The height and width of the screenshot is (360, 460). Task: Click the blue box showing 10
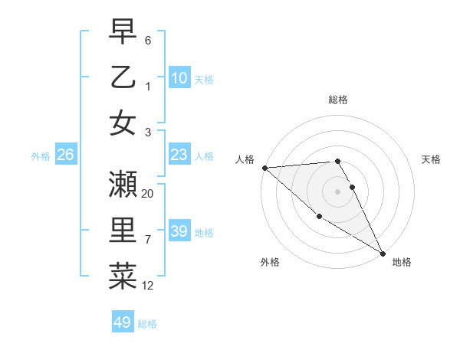click(179, 77)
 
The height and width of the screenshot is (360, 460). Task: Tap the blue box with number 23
click(179, 155)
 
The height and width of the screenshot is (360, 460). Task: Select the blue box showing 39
click(179, 231)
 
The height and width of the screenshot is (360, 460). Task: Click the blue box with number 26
click(65, 155)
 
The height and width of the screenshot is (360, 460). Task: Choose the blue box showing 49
click(123, 322)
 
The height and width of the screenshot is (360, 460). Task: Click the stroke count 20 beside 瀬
click(148, 194)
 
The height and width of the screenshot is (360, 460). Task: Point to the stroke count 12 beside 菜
click(148, 286)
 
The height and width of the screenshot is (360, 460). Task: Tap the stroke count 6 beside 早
click(148, 40)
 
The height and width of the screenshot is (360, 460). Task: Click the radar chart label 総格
click(338, 100)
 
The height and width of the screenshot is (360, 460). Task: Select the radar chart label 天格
click(431, 159)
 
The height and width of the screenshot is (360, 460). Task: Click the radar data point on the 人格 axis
click(264, 168)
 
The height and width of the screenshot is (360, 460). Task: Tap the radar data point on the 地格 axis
click(383, 253)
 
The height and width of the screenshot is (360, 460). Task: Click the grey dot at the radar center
click(338, 191)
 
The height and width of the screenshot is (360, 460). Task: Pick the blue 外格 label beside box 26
click(41, 155)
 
